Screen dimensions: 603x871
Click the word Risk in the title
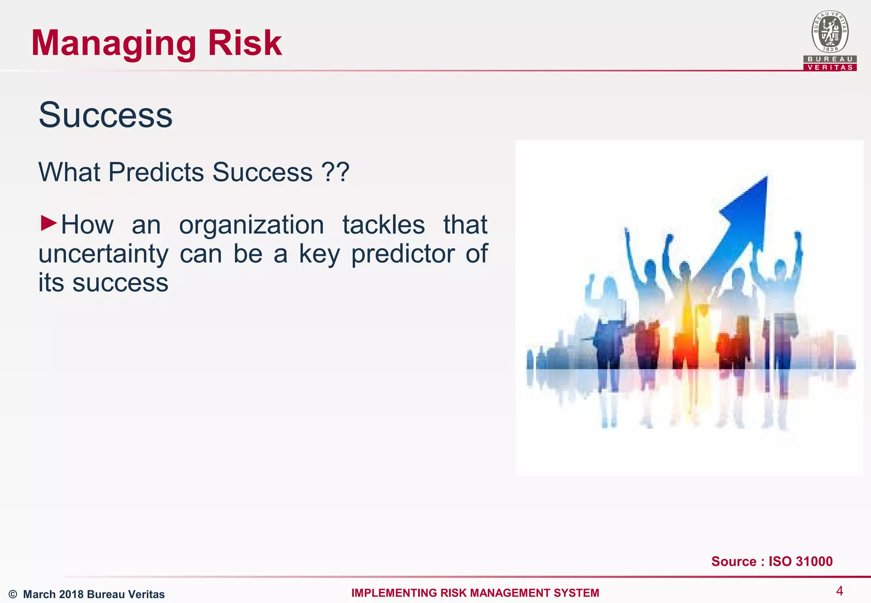[x=245, y=43]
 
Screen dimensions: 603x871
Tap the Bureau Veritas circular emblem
[x=830, y=32]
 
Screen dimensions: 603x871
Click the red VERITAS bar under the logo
[x=830, y=67]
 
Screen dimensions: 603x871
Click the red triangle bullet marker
[x=48, y=223]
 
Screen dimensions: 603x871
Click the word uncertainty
[x=103, y=254]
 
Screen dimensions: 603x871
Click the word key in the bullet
[x=319, y=254]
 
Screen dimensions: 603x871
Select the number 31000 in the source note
[x=811, y=561]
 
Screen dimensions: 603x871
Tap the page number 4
[x=839, y=591]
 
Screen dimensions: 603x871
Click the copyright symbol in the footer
[x=13, y=594]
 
